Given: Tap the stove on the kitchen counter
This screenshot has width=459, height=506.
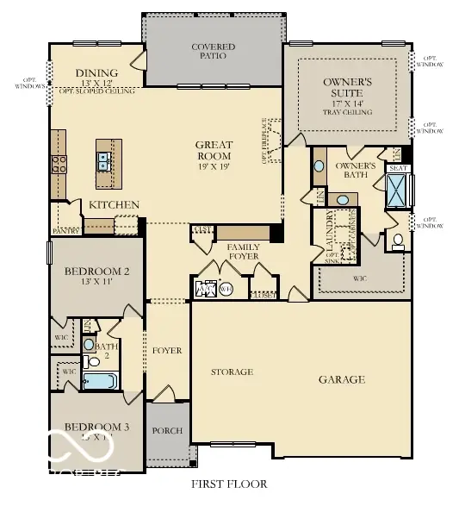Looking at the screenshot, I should point(59,164).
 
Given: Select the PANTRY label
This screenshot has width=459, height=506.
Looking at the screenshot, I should point(66,231).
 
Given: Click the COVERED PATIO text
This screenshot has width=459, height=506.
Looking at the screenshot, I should point(214,51).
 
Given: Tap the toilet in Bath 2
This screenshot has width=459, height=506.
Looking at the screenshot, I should point(90,344).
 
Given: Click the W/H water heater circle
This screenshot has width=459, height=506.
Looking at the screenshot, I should point(226,289).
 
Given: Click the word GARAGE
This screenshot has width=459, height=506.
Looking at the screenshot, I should point(342,379).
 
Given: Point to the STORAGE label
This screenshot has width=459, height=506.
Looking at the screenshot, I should point(233,372).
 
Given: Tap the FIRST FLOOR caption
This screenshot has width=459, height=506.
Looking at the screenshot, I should point(229,484).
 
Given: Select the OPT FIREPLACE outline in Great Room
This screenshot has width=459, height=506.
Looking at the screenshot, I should point(273,141).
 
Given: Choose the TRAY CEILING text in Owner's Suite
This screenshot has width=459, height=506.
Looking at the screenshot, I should point(347,112).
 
